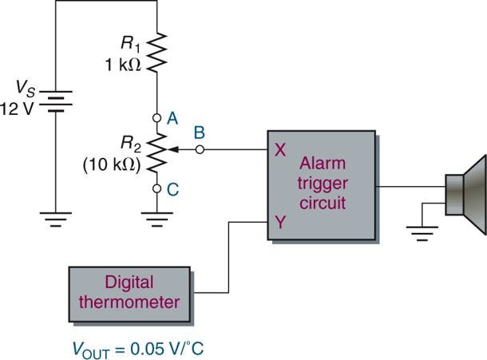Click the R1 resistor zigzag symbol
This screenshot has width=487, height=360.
(x=156, y=53)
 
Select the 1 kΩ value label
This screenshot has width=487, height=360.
(x=124, y=65)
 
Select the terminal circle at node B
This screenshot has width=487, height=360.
(x=200, y=148)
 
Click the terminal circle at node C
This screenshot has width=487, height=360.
(x=156, y=189)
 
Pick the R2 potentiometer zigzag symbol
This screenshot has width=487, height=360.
(x=156, y=152)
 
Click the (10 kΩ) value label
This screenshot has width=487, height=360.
(x=113, y=167)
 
